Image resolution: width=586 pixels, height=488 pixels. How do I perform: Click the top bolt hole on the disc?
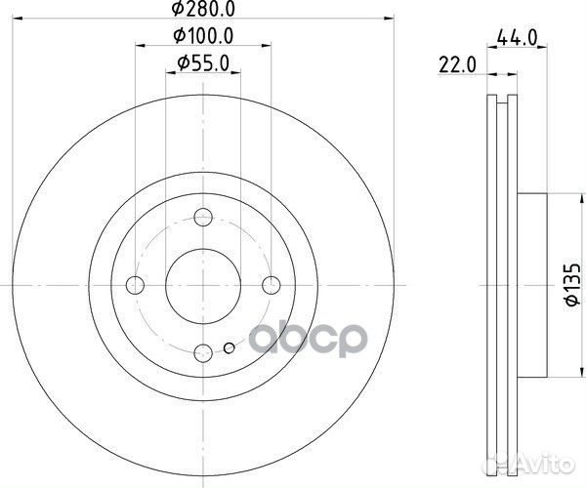tap(202, 218)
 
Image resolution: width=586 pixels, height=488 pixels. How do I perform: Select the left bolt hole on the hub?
tap(135, 285)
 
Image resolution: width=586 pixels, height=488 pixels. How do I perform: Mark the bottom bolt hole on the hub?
tap(202, 352)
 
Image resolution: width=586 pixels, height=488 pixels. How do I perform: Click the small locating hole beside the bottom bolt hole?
tap(229, 347)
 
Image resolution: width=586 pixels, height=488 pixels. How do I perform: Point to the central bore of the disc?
tap(202, 285)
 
